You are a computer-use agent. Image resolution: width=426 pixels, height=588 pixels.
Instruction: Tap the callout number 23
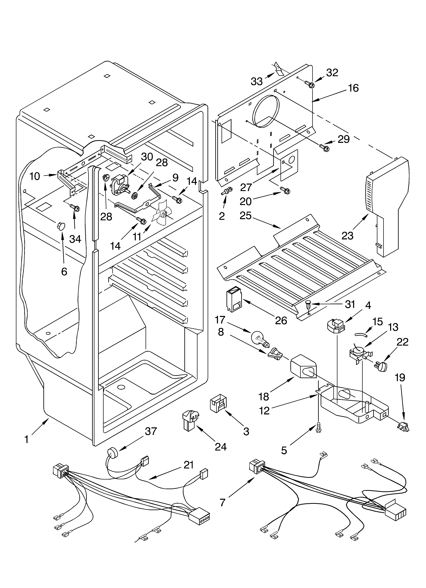[347, 236]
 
